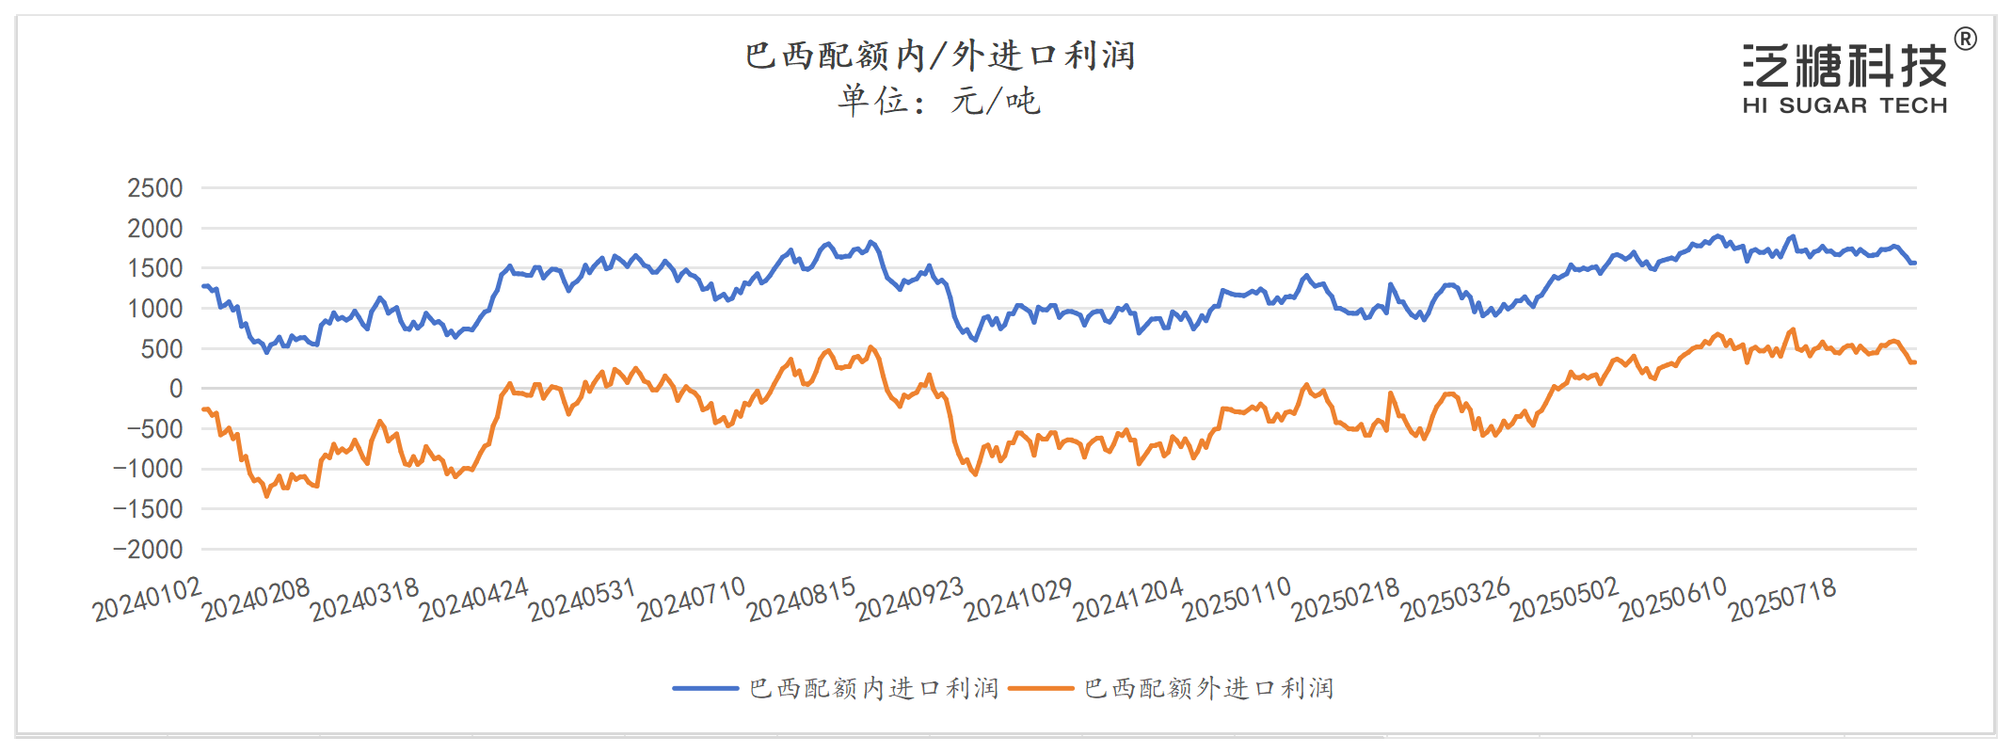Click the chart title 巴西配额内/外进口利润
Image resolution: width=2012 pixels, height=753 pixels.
939,56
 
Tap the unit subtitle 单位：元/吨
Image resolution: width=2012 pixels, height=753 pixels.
939,101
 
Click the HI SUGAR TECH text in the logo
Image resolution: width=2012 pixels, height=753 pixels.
1844,105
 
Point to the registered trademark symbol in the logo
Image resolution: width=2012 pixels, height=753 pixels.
1965,40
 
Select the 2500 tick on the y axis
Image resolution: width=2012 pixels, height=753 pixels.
155,188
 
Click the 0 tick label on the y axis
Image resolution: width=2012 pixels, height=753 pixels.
176,389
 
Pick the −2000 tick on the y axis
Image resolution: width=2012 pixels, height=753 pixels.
148,550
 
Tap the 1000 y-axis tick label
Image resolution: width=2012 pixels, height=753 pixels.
155,309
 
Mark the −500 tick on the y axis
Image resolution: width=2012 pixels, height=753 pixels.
148,429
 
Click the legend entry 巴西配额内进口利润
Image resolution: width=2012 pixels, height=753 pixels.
873,688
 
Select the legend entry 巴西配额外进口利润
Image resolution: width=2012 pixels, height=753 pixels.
1208,688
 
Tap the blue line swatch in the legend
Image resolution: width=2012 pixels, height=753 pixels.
705,688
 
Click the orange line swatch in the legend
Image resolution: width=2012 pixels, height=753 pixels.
1040,688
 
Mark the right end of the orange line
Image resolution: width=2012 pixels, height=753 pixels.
1915,362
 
